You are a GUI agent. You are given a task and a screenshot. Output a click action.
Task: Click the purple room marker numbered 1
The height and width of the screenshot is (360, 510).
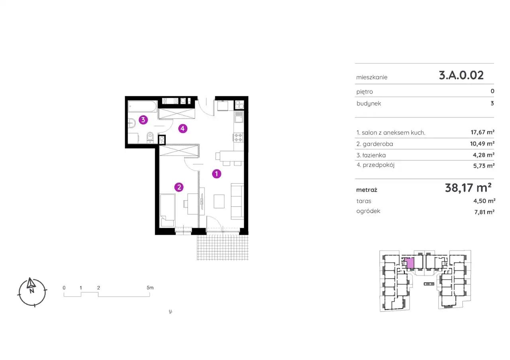tap(216, 174)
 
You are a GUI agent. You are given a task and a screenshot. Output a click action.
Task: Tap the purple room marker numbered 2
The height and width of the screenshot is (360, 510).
tap(179, 187)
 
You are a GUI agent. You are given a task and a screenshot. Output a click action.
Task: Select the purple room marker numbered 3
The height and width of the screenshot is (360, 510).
tap(143, 120)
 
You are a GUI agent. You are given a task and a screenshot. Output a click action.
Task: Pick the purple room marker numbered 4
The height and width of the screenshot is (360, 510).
tap(182, 129)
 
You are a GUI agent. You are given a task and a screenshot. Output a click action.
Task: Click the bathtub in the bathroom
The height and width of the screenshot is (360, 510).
tap(142, 106)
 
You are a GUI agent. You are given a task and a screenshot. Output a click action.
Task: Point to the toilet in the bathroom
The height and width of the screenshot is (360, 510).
tap(150, 137)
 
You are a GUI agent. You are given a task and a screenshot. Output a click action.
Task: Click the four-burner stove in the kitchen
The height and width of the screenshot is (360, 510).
tap(238, 137)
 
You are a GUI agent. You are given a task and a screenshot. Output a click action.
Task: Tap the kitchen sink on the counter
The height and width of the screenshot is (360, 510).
tap(239, 117)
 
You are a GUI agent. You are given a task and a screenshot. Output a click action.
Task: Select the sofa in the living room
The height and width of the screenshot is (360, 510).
tap(237, 202)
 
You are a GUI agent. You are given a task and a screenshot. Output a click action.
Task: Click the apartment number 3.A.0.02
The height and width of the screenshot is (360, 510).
tap(461, 75)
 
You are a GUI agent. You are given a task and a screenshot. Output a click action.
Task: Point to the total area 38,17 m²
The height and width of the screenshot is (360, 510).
tap(468, 188)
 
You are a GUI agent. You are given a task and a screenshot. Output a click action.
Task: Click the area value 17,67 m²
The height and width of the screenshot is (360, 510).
tap(483, 132)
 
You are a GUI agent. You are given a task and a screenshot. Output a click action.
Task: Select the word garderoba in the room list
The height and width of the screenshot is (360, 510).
tap(378, 144)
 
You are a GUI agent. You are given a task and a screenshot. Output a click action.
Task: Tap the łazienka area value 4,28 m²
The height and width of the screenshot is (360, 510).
tap(484, 155)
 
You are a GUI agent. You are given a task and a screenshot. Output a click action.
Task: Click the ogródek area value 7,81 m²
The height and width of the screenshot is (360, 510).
tap(484, 212)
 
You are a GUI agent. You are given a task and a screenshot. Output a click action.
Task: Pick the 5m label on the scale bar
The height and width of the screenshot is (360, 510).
tap(150, 288)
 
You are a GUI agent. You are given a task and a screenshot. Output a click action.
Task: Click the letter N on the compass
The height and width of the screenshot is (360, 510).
tap(32, 291)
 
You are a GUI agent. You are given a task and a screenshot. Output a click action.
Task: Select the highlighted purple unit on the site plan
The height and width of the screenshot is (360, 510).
tap(409, 264)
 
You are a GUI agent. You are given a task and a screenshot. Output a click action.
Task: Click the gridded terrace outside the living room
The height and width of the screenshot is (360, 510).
tap(223, 247)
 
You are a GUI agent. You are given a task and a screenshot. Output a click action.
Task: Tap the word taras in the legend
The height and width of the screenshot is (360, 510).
tap(364, 201)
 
